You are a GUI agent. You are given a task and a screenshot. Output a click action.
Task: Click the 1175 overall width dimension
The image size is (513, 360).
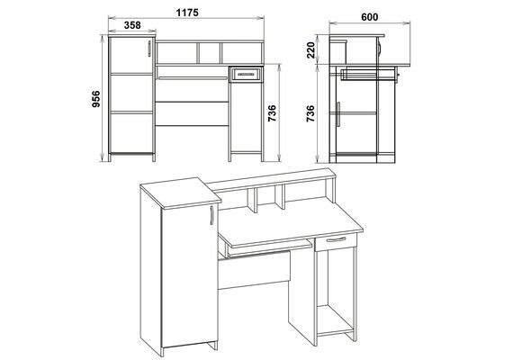[x=187, y=13]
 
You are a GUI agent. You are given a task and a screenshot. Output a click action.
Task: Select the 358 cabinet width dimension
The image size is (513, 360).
[x=132, y=25]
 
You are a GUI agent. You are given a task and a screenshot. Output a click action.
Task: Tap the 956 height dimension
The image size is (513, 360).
[x=96, y=99]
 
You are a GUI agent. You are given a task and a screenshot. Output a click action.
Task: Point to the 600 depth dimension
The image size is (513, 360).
[x=370, y=17]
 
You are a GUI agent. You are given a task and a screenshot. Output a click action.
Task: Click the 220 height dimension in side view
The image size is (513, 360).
[x=311, y=50]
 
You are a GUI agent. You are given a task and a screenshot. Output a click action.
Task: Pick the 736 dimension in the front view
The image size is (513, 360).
[x=272, y=113]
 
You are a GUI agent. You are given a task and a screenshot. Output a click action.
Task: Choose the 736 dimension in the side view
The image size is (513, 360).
[x=310, y=113]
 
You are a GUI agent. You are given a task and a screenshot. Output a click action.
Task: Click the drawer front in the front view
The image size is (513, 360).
[x=246, y=75]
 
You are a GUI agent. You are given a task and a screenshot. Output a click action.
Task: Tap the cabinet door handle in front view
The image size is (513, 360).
[x=149, y=49]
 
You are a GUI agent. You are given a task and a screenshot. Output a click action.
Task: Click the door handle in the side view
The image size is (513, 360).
[x=338, y=114]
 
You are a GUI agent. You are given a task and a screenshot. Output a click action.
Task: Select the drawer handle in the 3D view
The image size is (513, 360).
[x=336, y=239]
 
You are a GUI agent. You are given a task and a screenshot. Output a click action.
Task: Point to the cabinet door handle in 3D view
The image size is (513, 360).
[x=211, y=215]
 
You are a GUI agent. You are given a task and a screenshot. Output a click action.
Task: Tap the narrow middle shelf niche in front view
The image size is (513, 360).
[x=210, y=53]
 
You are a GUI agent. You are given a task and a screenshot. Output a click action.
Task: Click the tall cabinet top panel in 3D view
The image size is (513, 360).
[x=181, y=193]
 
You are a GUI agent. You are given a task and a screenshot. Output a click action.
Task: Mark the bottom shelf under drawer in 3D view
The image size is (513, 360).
[x=335, y=320]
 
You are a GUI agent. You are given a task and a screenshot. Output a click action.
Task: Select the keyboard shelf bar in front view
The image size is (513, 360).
[x=193, y=78]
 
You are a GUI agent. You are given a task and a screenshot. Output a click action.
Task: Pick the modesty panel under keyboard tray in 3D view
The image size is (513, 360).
[x=254, y=270]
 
